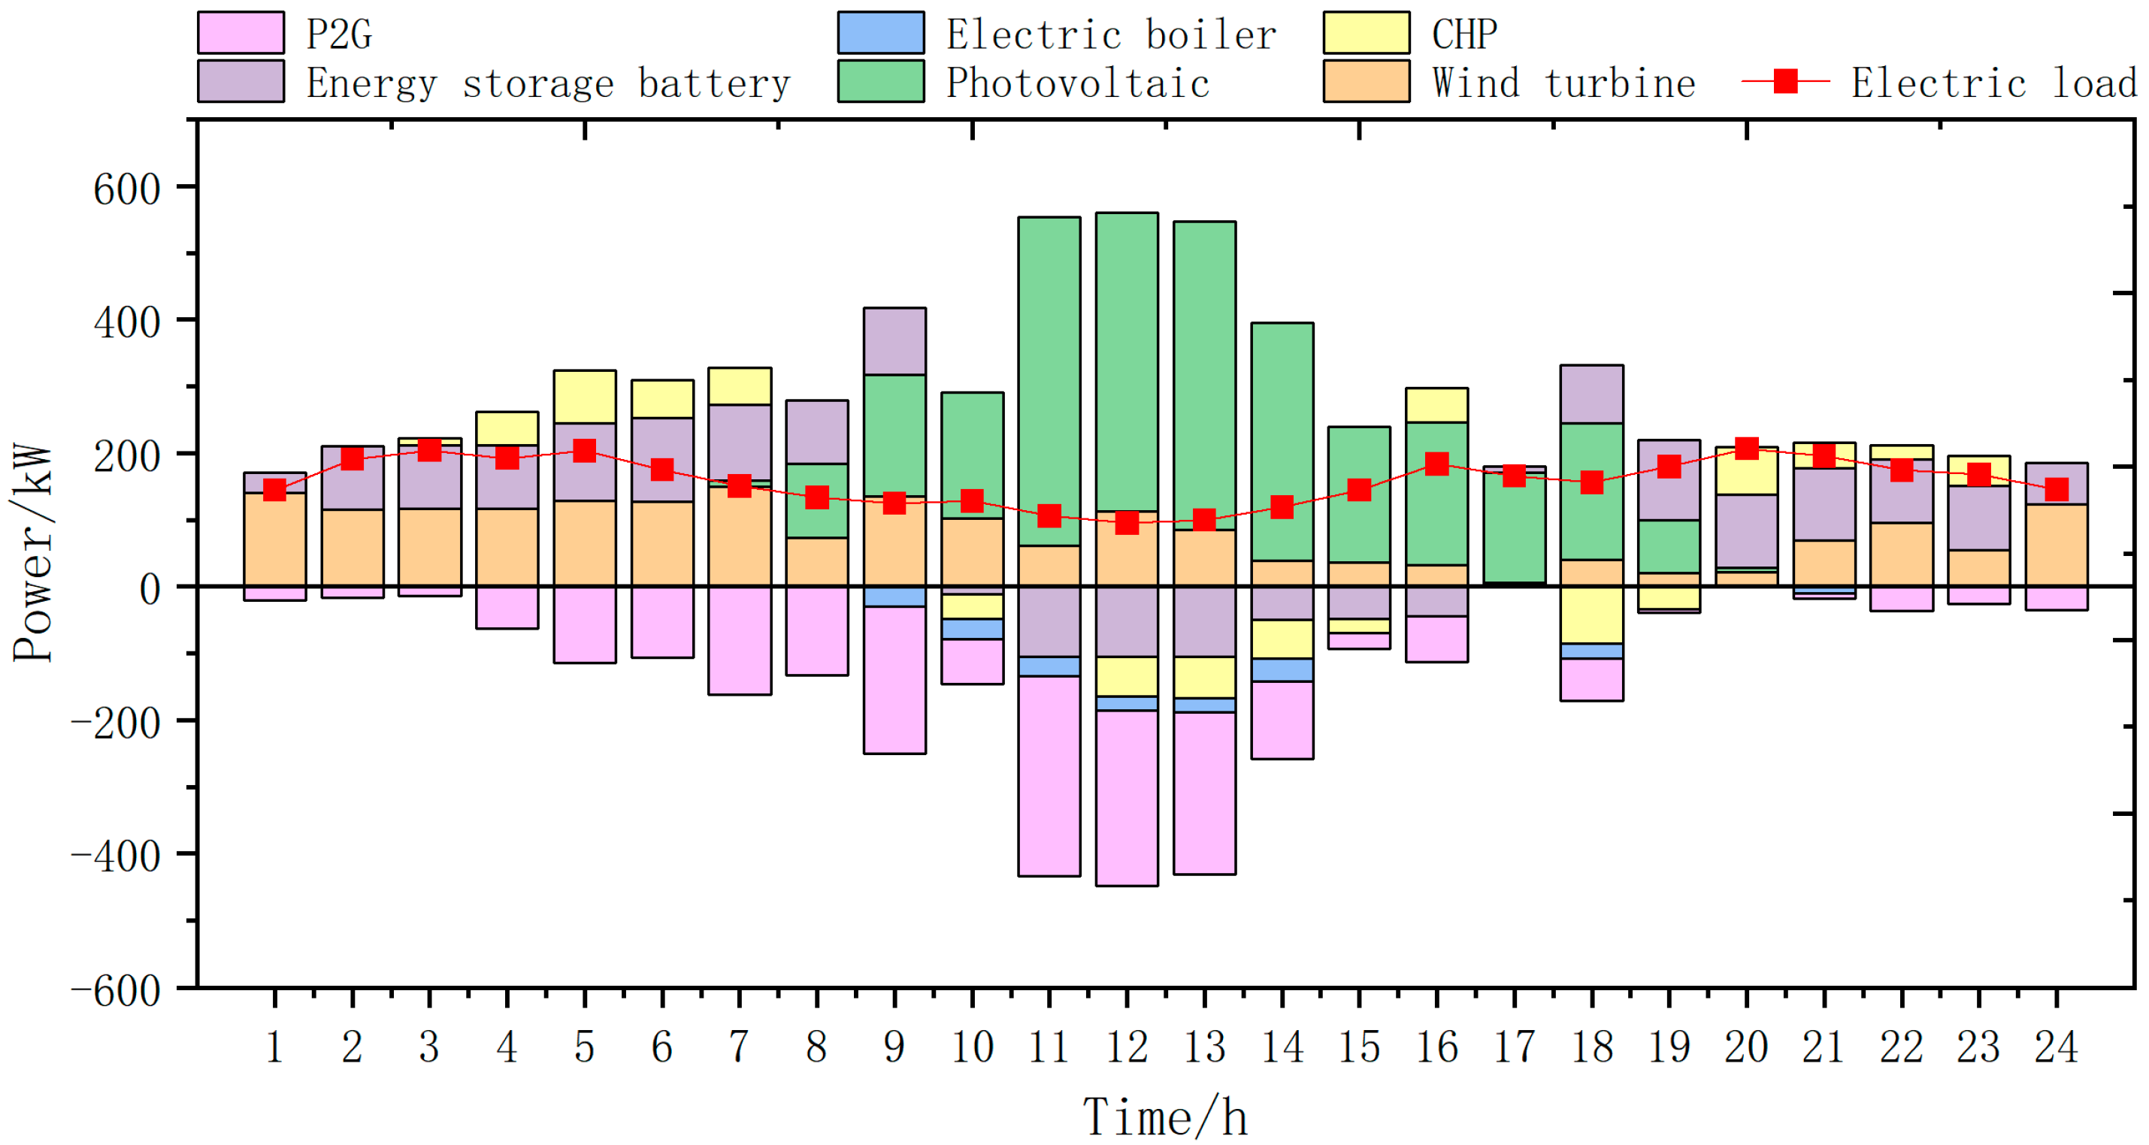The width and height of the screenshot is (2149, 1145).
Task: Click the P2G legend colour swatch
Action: tap(241, 33)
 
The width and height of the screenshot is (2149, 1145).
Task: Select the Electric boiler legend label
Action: tap(1110, 35)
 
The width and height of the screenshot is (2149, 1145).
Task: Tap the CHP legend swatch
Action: tap(1366, 33)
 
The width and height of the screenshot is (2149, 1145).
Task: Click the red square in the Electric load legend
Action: tap(1784, 81)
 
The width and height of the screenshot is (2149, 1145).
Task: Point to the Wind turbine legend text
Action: tap(1563, 83)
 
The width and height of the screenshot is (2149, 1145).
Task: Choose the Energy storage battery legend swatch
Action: tap(241, 82)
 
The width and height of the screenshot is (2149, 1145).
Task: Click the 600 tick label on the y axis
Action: tap(127, 189)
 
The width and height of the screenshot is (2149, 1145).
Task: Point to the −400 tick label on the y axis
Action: tap(116, 856)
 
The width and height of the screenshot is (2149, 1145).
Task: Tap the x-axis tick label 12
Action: tap(1126, 1047)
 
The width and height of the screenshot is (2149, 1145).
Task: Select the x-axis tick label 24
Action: tap(2056, 1047)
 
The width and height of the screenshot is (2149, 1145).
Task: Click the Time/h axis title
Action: tap(1164, 1117)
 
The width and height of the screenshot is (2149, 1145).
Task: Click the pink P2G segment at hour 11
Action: tap(1049, 775)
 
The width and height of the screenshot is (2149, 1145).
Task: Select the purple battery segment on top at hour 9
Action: tap(894, 341)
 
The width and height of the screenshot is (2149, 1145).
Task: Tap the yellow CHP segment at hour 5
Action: tap(584, 396)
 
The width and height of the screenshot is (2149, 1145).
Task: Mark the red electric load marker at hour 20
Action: tap(1746, 449)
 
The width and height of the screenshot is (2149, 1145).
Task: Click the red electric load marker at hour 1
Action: tap(274, 490)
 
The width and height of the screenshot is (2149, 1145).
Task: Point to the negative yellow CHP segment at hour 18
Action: tap(1591, 615)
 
